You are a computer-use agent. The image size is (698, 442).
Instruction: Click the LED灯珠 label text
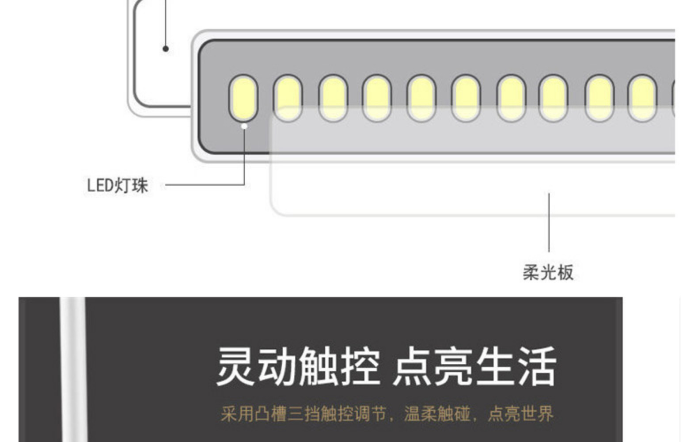[x=117, y=185]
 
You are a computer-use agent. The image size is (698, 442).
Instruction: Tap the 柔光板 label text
[x=548, y=272]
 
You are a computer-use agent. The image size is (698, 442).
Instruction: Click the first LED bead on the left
[x=243, y=98]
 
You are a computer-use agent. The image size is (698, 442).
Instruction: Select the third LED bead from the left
[x=333, y=98]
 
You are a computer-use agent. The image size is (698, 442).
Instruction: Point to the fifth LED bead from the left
[x=421, y=98]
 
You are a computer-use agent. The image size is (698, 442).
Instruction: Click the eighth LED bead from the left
[x=553, y=98]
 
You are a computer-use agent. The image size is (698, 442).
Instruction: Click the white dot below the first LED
[x=244, y=126]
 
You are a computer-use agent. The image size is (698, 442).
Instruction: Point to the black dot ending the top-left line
[x=166, y=49]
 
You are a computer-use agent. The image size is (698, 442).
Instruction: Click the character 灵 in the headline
[x=235, y=366]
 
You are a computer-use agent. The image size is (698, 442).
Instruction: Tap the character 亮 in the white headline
[x=452, y=366]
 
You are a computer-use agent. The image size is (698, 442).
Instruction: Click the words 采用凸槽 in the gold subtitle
[x=254, y=414]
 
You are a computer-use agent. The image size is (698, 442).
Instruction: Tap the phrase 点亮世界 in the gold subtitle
[x=520, y=414]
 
